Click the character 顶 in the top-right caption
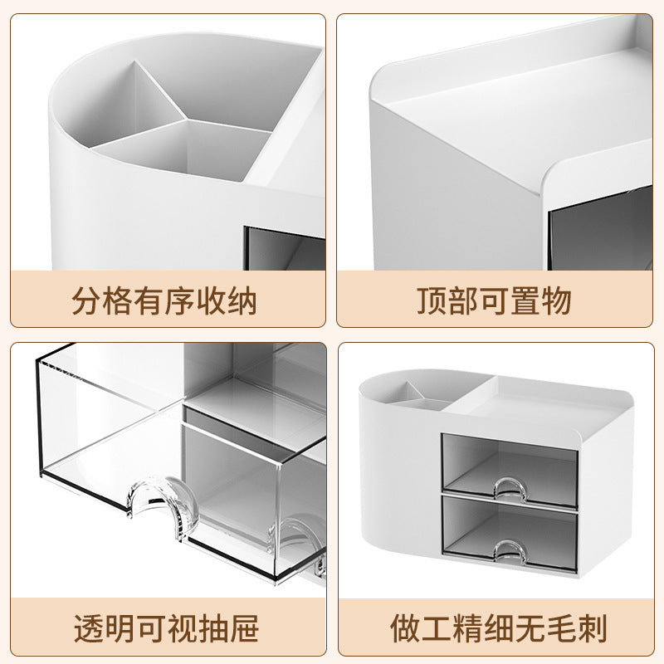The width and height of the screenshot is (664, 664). point(432,300)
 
